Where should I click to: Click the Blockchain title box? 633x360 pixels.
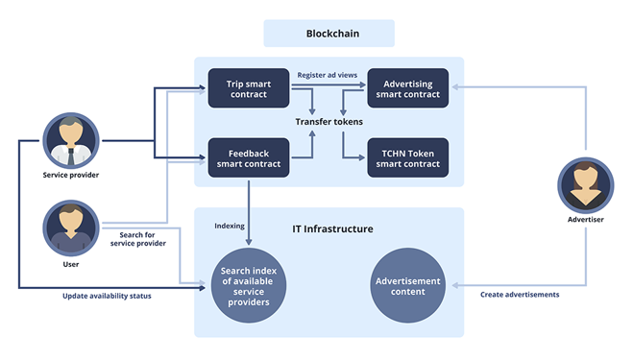(x=329, y=34)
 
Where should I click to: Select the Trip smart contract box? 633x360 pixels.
(x=249, y=89)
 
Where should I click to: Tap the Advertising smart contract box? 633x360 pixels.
(x=408, y=89)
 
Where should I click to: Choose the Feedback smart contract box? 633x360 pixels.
(x=249, y=157)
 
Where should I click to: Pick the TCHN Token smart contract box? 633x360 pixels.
(x=408, y=157)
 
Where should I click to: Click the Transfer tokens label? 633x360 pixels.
(x=329, y=122)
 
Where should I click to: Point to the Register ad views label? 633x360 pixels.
(x=328, y=74)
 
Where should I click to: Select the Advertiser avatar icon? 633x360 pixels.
(x=586, y=183)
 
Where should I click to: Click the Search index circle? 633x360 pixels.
(x=249, y=286)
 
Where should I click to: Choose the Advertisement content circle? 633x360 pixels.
(x=408, y=286)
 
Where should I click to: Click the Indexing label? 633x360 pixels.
(x=230, y=227)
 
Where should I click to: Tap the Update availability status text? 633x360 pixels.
(x=107, y=296)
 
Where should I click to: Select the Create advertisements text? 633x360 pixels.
(x=519, y=295)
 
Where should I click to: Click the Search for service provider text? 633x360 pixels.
(x=136, y=239)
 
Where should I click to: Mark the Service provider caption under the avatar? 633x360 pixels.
(x=71, y=176)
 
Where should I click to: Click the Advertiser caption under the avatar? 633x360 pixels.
(x=586, y=220)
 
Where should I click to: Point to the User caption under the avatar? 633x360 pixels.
(x=71, y=264)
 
